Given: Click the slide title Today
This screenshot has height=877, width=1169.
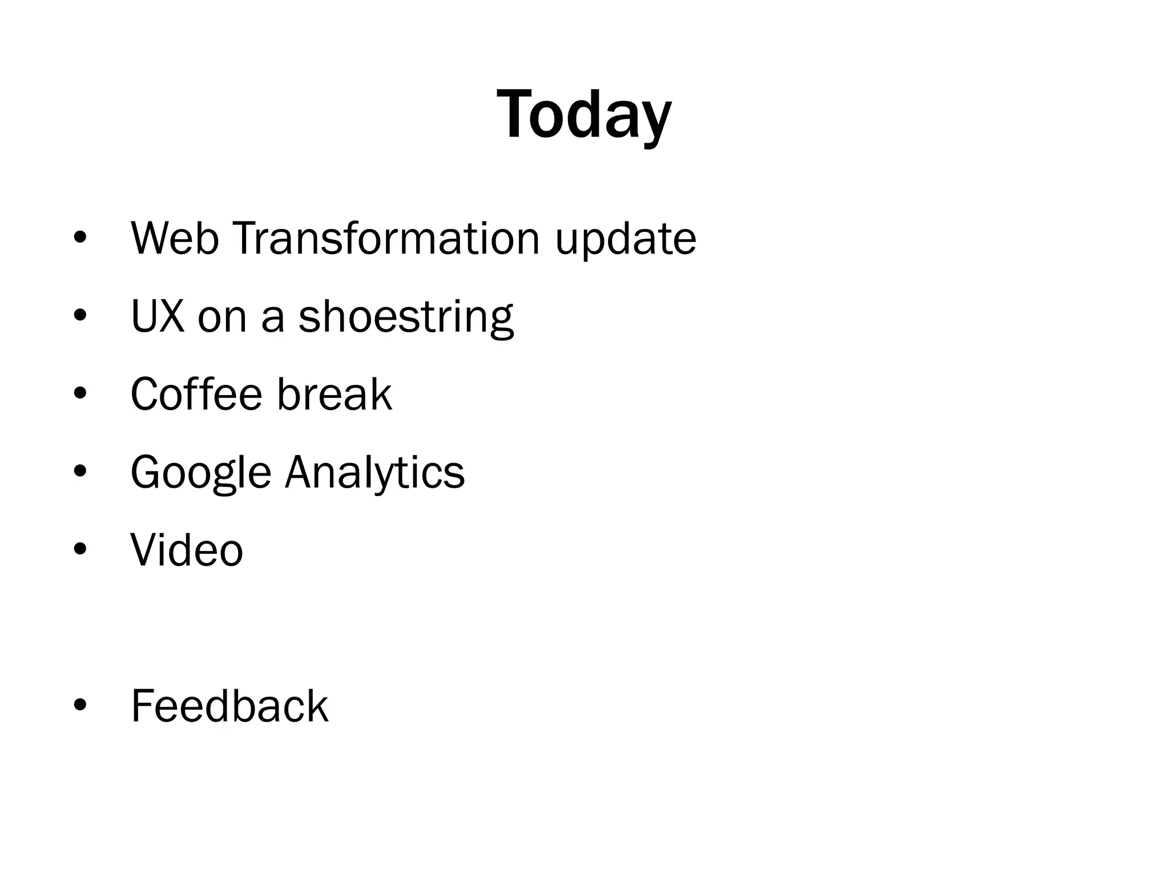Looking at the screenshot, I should (584, 116).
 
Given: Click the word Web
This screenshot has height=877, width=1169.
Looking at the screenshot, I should (175, 238).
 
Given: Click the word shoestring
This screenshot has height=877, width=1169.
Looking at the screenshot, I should (406, 317).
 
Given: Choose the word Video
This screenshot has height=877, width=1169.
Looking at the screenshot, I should (187, 550).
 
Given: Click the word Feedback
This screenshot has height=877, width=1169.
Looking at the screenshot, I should (229, 706).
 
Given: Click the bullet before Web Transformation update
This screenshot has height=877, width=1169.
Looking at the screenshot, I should (80, 238).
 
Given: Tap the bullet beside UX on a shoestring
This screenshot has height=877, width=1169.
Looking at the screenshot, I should (80, 315).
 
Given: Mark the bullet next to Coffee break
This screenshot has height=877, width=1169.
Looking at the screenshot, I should (80, 393).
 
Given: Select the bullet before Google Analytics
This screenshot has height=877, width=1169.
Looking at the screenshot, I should (80, 471).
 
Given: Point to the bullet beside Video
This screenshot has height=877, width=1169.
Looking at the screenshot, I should (80, 549).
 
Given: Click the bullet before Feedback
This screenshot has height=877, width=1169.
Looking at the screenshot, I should (80, 705).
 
